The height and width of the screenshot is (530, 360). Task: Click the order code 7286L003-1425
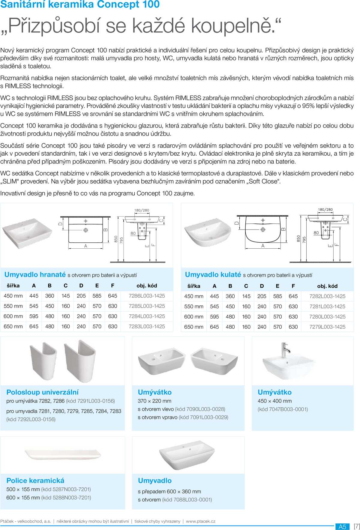pos(147,296)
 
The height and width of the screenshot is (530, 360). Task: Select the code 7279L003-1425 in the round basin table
pos(327,327)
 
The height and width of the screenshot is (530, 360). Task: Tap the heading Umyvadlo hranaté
pos(35,274)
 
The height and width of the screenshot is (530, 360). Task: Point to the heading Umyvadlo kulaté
pos(213,274)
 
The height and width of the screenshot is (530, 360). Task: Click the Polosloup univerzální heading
pos(43,392)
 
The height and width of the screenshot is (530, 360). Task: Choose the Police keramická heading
pos(35,481)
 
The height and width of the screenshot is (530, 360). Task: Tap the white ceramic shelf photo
pos(63,454)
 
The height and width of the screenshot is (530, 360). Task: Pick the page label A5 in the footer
pos(342,526)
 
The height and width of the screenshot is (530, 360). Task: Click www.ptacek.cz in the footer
pos(200,521)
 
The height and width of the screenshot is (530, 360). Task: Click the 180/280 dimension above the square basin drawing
pos(142,210)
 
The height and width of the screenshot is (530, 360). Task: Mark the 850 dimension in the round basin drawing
pos(298,238)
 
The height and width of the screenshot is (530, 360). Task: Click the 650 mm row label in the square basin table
pos(13,326)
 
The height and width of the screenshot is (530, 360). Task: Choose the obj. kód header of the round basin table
pos(327,286)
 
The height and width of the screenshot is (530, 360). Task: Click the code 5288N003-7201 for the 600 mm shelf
pos(66,498)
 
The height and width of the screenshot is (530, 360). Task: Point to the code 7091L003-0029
pos(203,417)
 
